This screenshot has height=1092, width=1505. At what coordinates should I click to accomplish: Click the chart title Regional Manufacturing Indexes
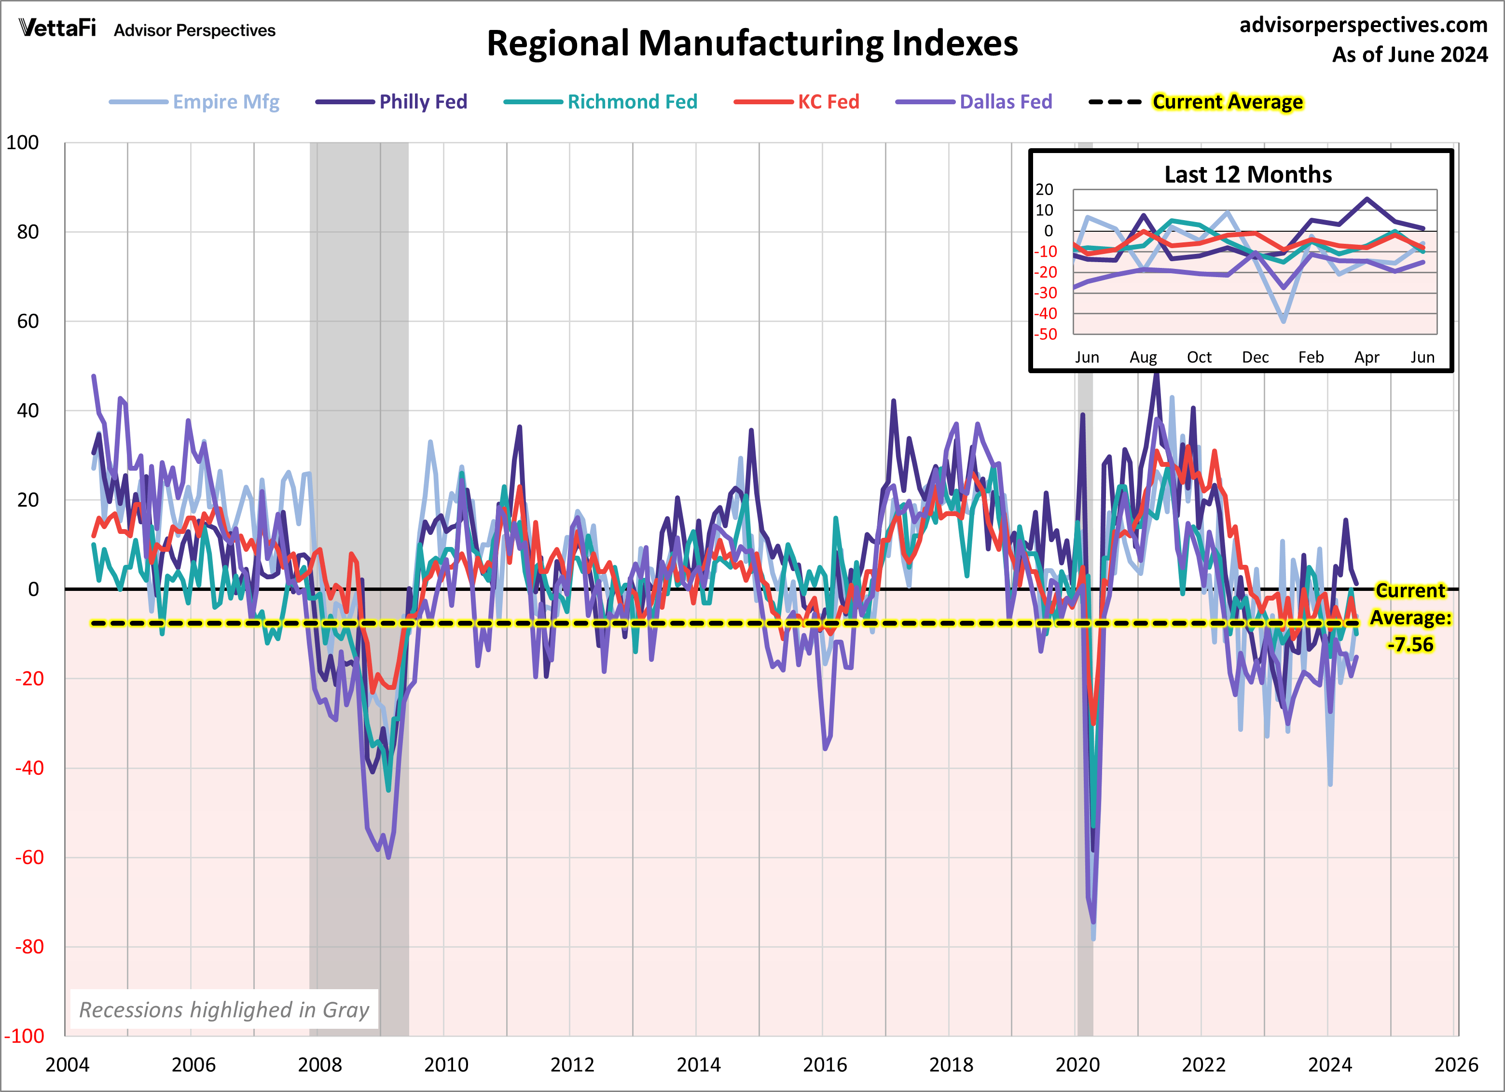point(752,44)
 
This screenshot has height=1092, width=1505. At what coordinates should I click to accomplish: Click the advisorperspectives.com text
point(1363,25)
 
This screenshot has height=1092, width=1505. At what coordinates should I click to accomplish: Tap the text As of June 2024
point(1409,55)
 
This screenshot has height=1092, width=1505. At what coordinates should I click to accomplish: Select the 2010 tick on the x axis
point(446,1065)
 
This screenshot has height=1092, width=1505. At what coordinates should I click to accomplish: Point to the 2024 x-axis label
point(1329,1065)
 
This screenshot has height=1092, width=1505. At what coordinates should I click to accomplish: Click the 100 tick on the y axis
point(23,143)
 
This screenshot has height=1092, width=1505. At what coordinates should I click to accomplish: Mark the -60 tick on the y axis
point(29,858)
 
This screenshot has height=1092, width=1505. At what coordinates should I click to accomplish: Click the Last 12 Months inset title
point(1247,175)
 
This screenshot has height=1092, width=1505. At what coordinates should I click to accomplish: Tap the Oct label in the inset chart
point(1199,357)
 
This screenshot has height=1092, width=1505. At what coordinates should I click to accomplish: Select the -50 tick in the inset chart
point(1045,335)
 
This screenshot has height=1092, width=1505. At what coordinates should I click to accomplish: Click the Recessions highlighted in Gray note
point(224,1009)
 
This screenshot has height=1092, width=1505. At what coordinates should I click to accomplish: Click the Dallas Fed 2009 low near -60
point(388,857)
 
